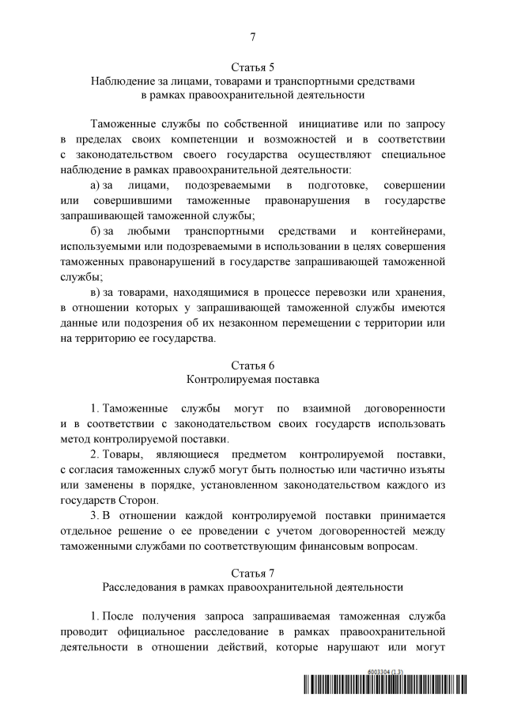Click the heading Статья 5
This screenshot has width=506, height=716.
(252, 66)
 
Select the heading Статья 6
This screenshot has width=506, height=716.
(252, 365)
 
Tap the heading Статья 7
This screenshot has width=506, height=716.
(252, 572)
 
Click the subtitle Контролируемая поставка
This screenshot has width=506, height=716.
(252, 380)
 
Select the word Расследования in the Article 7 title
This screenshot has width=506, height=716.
(140, 587)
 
